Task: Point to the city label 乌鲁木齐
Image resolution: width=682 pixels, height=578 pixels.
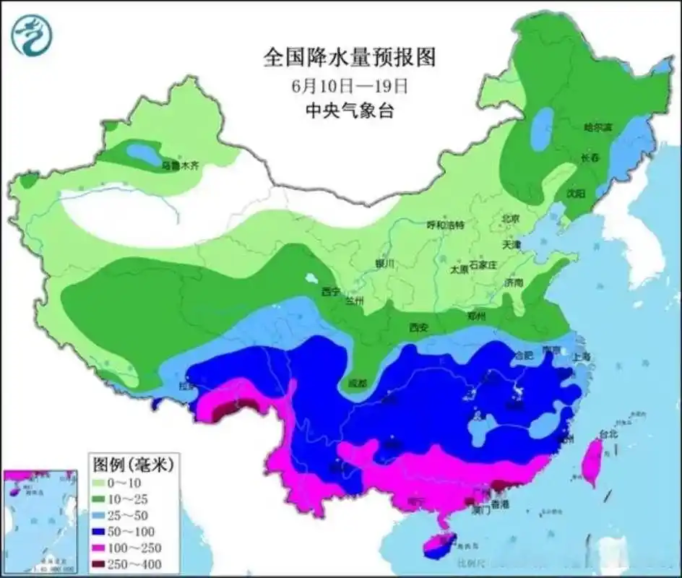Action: pos(179,165)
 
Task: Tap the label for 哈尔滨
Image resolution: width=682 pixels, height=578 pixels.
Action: pos(597,127)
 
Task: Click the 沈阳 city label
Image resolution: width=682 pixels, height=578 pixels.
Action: pos(575,193)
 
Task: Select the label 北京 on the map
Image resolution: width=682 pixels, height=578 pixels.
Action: pos(511,218)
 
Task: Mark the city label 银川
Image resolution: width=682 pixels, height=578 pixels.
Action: pos(384,264)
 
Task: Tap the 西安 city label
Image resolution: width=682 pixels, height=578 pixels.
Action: pos(418,327)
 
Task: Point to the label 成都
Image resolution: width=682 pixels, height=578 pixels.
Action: pos(357,382)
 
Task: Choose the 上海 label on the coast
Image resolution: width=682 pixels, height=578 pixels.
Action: pos(580,357)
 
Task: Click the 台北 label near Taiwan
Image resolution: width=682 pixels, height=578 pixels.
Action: pos(608,434)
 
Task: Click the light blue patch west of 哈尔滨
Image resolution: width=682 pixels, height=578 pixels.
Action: pos(540,128)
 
